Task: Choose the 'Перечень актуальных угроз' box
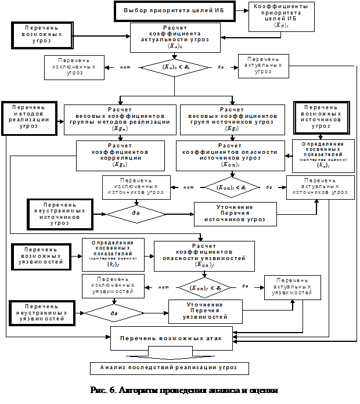tap(263, 66)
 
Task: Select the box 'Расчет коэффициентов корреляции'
tap(121, 156)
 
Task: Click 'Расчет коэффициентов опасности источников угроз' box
tap(230, 156)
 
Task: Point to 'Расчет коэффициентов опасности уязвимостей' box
tap(204, 255)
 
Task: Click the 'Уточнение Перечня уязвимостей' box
tap(206, 311)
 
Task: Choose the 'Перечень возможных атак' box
tap(171, 338)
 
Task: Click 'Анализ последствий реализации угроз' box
tap(170, 368)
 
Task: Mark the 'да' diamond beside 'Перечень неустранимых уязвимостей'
tap(114, 312)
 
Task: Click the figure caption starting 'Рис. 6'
tap(185, 391)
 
